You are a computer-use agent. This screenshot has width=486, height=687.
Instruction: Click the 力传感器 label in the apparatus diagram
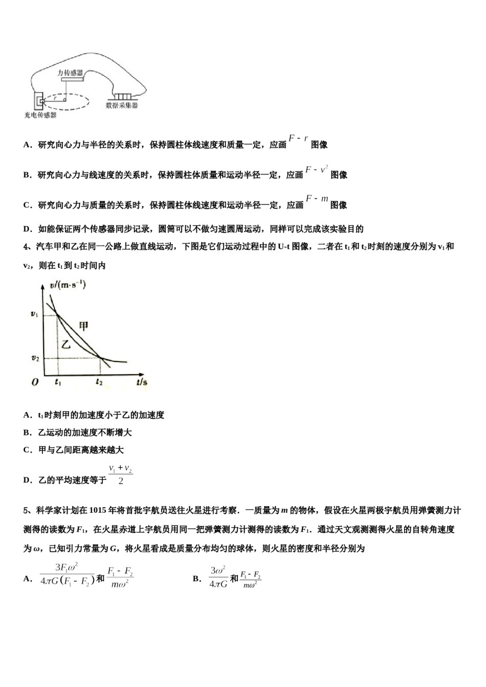click(x=70, y=73)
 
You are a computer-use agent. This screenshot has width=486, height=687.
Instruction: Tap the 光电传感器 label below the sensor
click(x=40, y=115)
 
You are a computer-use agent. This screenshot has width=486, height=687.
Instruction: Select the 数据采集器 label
click(x=122, y=105)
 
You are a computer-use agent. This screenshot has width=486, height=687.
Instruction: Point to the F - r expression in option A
click(x=298, y=139)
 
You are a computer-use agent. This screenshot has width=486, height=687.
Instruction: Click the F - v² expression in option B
click(x=317, y=169)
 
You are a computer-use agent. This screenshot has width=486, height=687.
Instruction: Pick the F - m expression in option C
click(x=317, y=199)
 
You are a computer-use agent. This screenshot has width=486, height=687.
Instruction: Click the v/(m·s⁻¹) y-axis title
click(x=68, y=285)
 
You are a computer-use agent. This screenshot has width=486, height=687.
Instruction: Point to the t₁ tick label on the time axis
click(x=57, y=381)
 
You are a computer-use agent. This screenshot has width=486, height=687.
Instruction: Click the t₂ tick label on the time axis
click(x=99, y=381)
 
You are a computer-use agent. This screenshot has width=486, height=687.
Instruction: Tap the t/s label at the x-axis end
click(x=142, y=381)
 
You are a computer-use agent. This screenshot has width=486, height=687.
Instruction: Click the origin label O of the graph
click(x=35, y=382)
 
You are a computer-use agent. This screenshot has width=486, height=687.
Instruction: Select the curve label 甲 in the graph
click(x=83, y=326)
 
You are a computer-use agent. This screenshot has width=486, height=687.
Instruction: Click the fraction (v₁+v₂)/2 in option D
click(x=120, y=474)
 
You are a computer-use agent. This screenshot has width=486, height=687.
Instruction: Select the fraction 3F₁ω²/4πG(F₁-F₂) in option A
click(x=67, y=575)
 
